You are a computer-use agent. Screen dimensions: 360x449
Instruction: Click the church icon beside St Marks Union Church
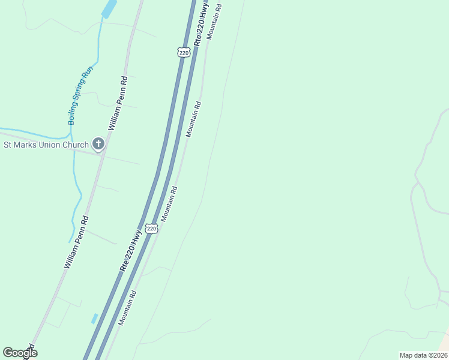click(x=98, y=144)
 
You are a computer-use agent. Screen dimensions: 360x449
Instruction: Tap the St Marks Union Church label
click(x=46, y=145)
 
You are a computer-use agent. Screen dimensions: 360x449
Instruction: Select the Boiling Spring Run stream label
click(x=80, y=95)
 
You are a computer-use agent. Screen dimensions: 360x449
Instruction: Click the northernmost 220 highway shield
click(x=184, y=52)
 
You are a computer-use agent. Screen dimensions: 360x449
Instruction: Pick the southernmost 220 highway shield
click(x=151, y=229)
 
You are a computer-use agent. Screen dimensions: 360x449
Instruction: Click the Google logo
click(x=20, y=353)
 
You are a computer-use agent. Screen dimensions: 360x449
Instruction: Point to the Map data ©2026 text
click(x=423, y=355)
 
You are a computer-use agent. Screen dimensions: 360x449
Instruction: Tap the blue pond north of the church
click(x=109, y=9)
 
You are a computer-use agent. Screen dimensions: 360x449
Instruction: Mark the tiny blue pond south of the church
click(x=94, y=319)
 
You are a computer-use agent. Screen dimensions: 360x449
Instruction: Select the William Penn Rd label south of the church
click(x=76, y=242)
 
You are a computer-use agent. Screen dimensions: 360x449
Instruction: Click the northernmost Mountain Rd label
click(x=214, y=22)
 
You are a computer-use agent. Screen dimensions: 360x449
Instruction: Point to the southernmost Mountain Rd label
click(x=128, y=308)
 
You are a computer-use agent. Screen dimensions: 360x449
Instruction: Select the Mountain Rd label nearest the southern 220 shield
click(x=168, y=203)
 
